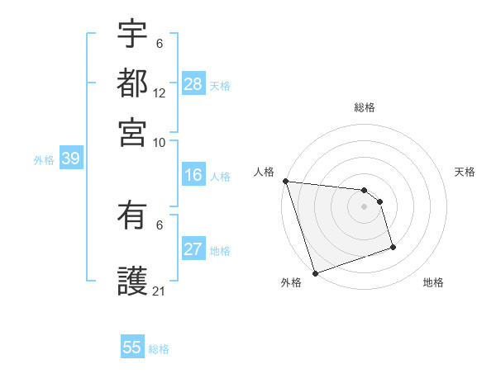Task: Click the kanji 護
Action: tap(132, 281)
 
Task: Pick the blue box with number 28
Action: tap(193, 83)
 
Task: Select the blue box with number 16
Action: tap(193, 176)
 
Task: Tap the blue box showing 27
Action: tap(193, 250)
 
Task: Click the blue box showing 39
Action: tap(70, 159)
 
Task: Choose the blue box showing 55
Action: tap(132, 348)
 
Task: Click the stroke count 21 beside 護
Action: tap(160, 291)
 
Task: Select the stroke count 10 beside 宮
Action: tap(160, 141)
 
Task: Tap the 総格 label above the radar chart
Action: tap(365, 107)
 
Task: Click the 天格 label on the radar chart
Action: tap(465, 172)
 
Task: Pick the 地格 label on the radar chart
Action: tap(433, 282)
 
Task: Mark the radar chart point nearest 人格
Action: tap(285, 181)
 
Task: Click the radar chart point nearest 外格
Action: tap(315, 273)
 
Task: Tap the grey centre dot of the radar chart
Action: tap(365, 206)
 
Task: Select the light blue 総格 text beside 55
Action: tap(159, 349)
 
